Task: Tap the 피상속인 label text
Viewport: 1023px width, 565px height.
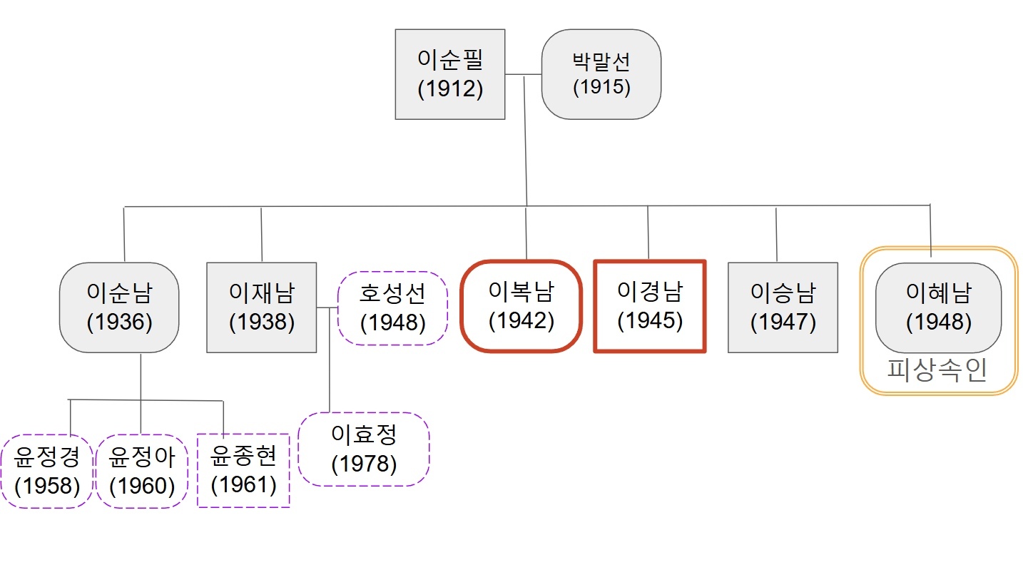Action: click(x=937, y=370)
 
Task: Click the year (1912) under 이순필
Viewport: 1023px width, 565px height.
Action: click(x=450, y=89)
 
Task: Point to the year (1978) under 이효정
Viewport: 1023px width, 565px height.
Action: click(x=364, y=464)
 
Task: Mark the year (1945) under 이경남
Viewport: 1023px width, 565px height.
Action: click(x=649, y=321)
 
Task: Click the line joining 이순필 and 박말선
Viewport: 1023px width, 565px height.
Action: click(x=523, y=74)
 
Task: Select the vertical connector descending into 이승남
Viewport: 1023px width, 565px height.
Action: click(x=776, y=234)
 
